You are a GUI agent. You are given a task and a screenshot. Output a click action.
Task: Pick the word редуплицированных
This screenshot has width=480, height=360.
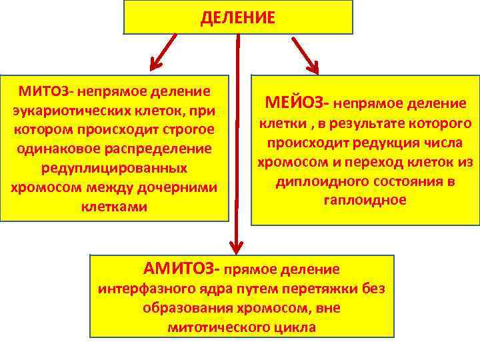click(x=114, y=167)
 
